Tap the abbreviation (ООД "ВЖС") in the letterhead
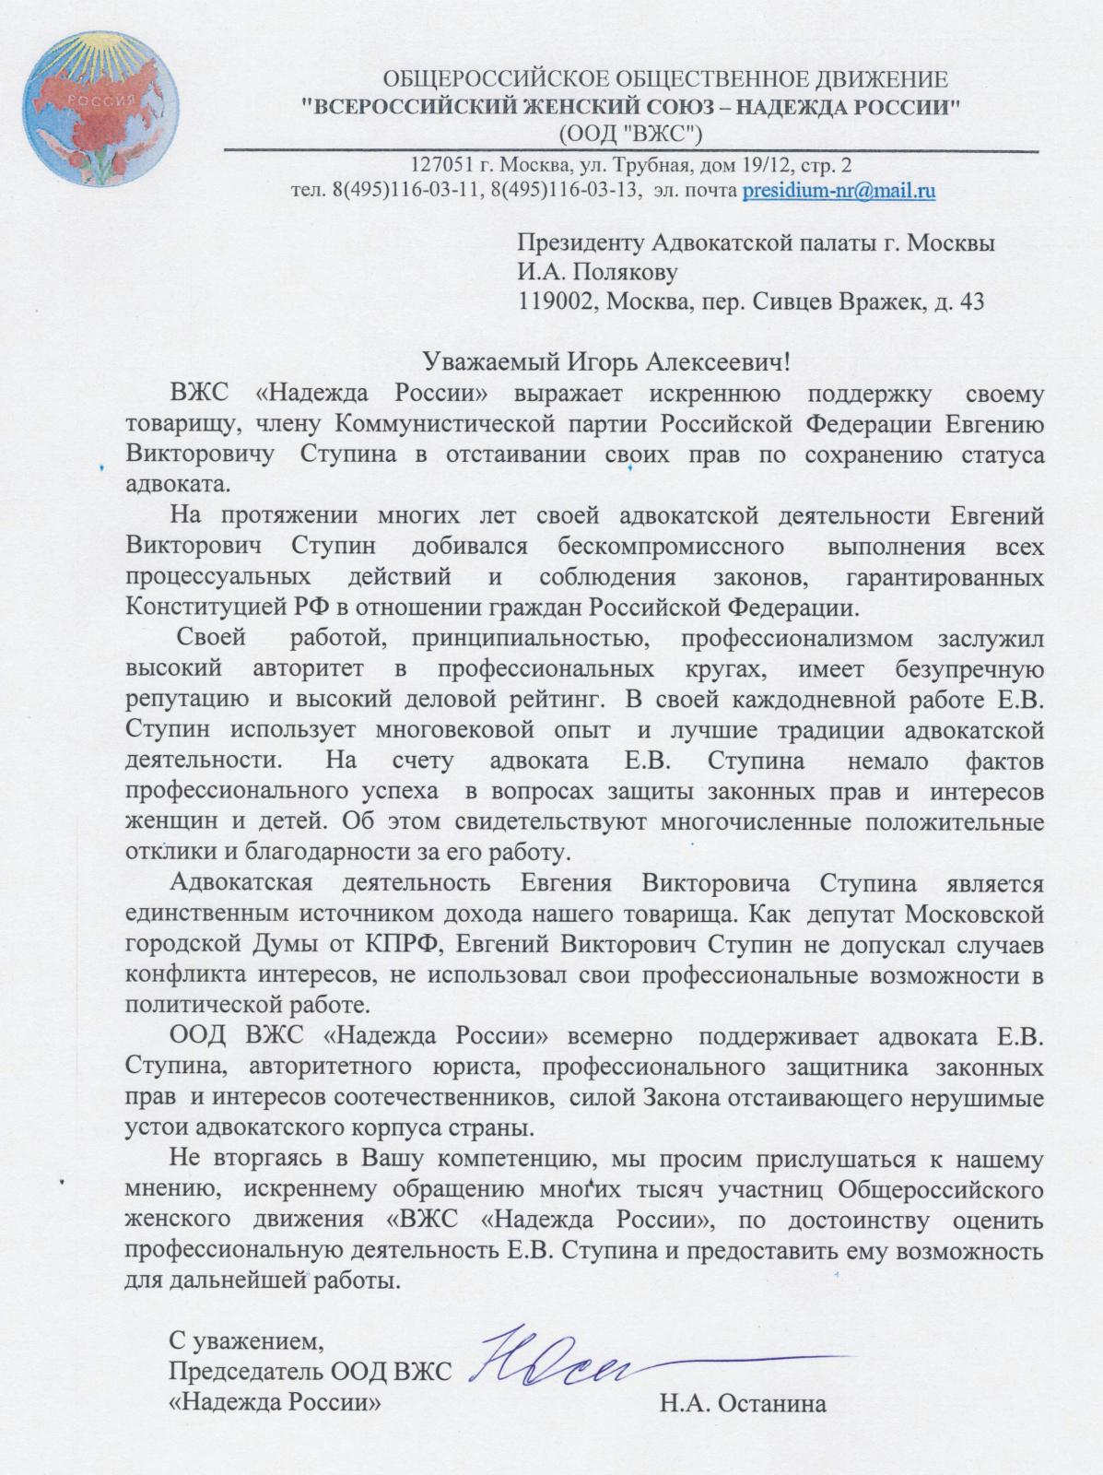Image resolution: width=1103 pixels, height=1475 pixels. [630, 134]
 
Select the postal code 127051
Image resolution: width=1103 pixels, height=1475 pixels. [446, 166]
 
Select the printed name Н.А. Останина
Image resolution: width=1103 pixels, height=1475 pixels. [742, 1404]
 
